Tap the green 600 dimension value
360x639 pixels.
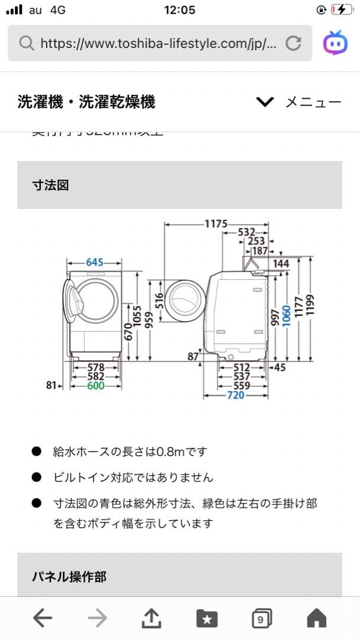pyautogui.click(x=95, y=386)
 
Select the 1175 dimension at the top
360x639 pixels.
pyautogui.click(x=216, y=224)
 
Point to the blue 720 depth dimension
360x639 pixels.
pyautogui.click(x=236, y=395)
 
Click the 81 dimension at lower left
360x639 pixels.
pyautogui.click(x=52, y=386)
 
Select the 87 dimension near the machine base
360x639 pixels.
pyautogui.click(x=192, y=356)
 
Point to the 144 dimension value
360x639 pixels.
pyautogui.click(x=281, y=263)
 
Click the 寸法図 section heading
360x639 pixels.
pyautogui.click(x=50, y=185)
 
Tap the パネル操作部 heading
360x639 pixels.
pyautogui.click(x=69, y=576)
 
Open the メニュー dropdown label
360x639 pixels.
pyautogui.click(x=313, y=102)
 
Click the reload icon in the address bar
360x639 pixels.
pyautogui.click(x=293, y=43)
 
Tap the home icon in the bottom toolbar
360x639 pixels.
pyautogui.click(x=317, y=618)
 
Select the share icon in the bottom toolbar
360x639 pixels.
pyautogui.click(x=152, y=618)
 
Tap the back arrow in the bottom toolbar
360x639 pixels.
pyautogui.click(x=43, y=618)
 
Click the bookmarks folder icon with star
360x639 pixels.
pyautogui.click(x=206, y=619)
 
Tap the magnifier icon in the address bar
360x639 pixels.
pyautogui.click(x=27, y=43)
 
